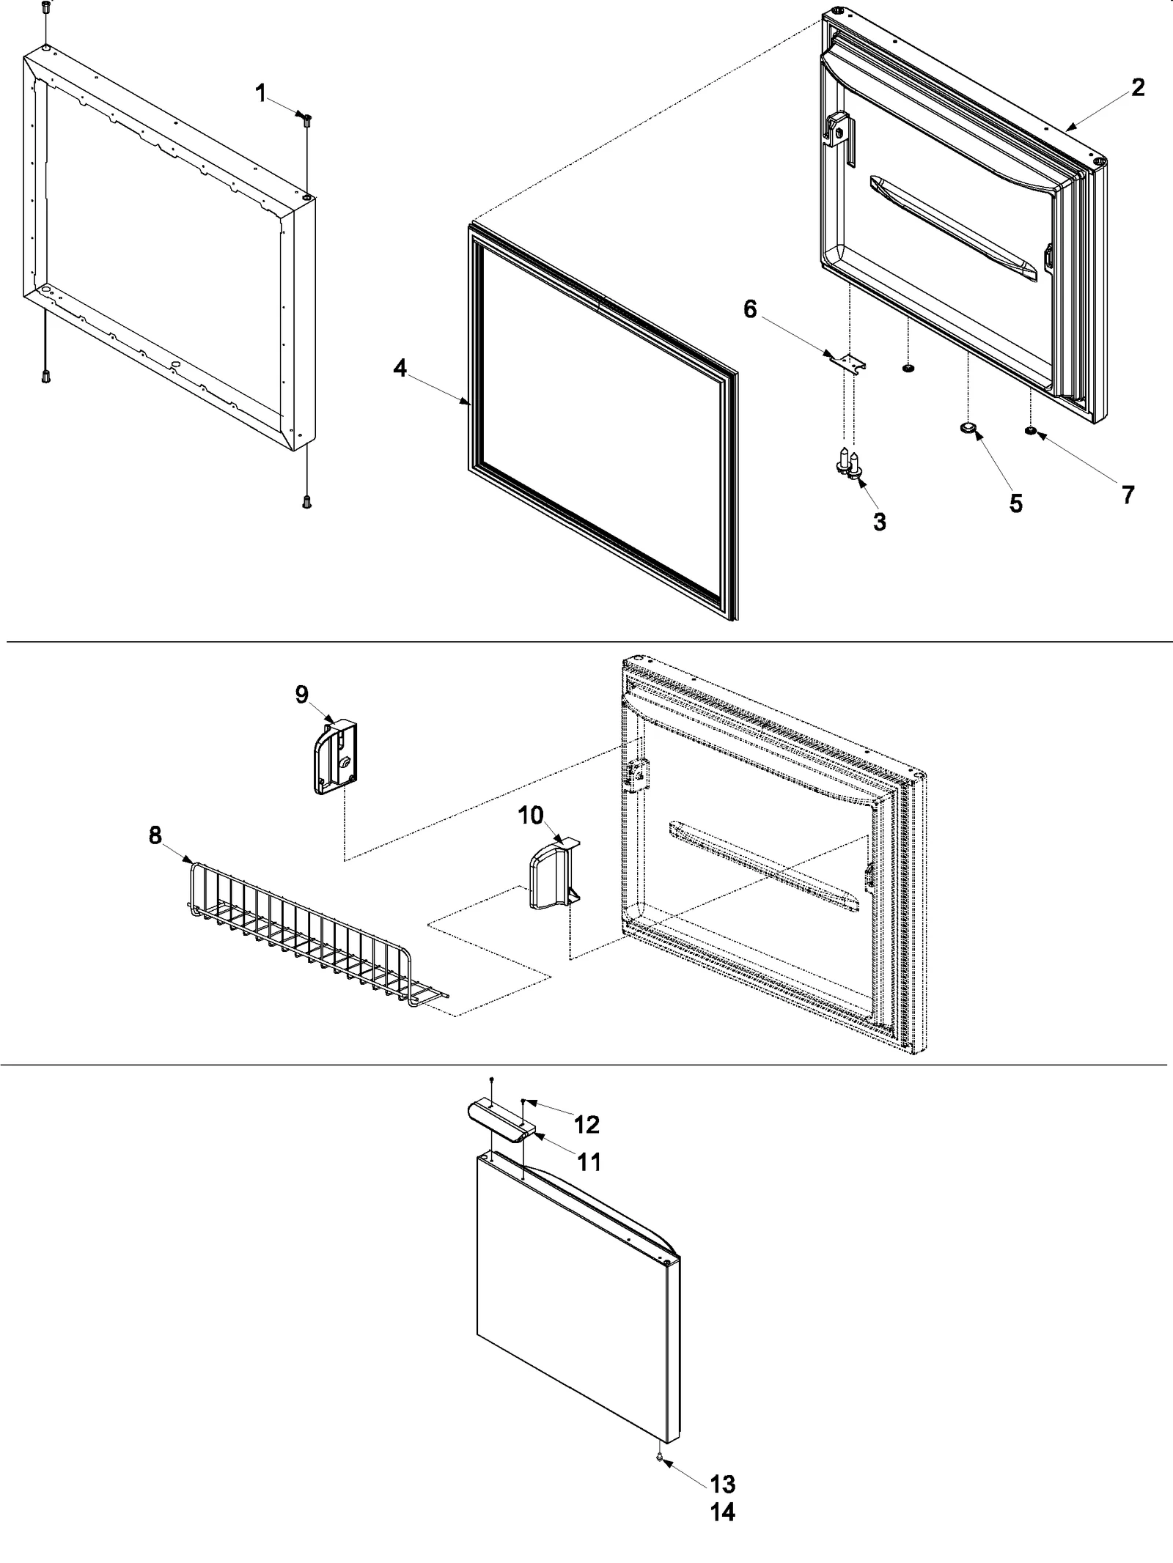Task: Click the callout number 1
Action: (260, 93)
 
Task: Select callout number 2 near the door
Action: (1137, 88)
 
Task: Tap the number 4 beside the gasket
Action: (400, 368)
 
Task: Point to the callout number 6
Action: (750, 309)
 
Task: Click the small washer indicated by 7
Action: (1031, 432)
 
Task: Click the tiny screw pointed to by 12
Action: (523, 1101)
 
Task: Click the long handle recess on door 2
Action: (953, 227)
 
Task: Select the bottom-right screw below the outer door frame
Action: (306, 502)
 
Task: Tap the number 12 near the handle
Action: (587, 1124)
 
